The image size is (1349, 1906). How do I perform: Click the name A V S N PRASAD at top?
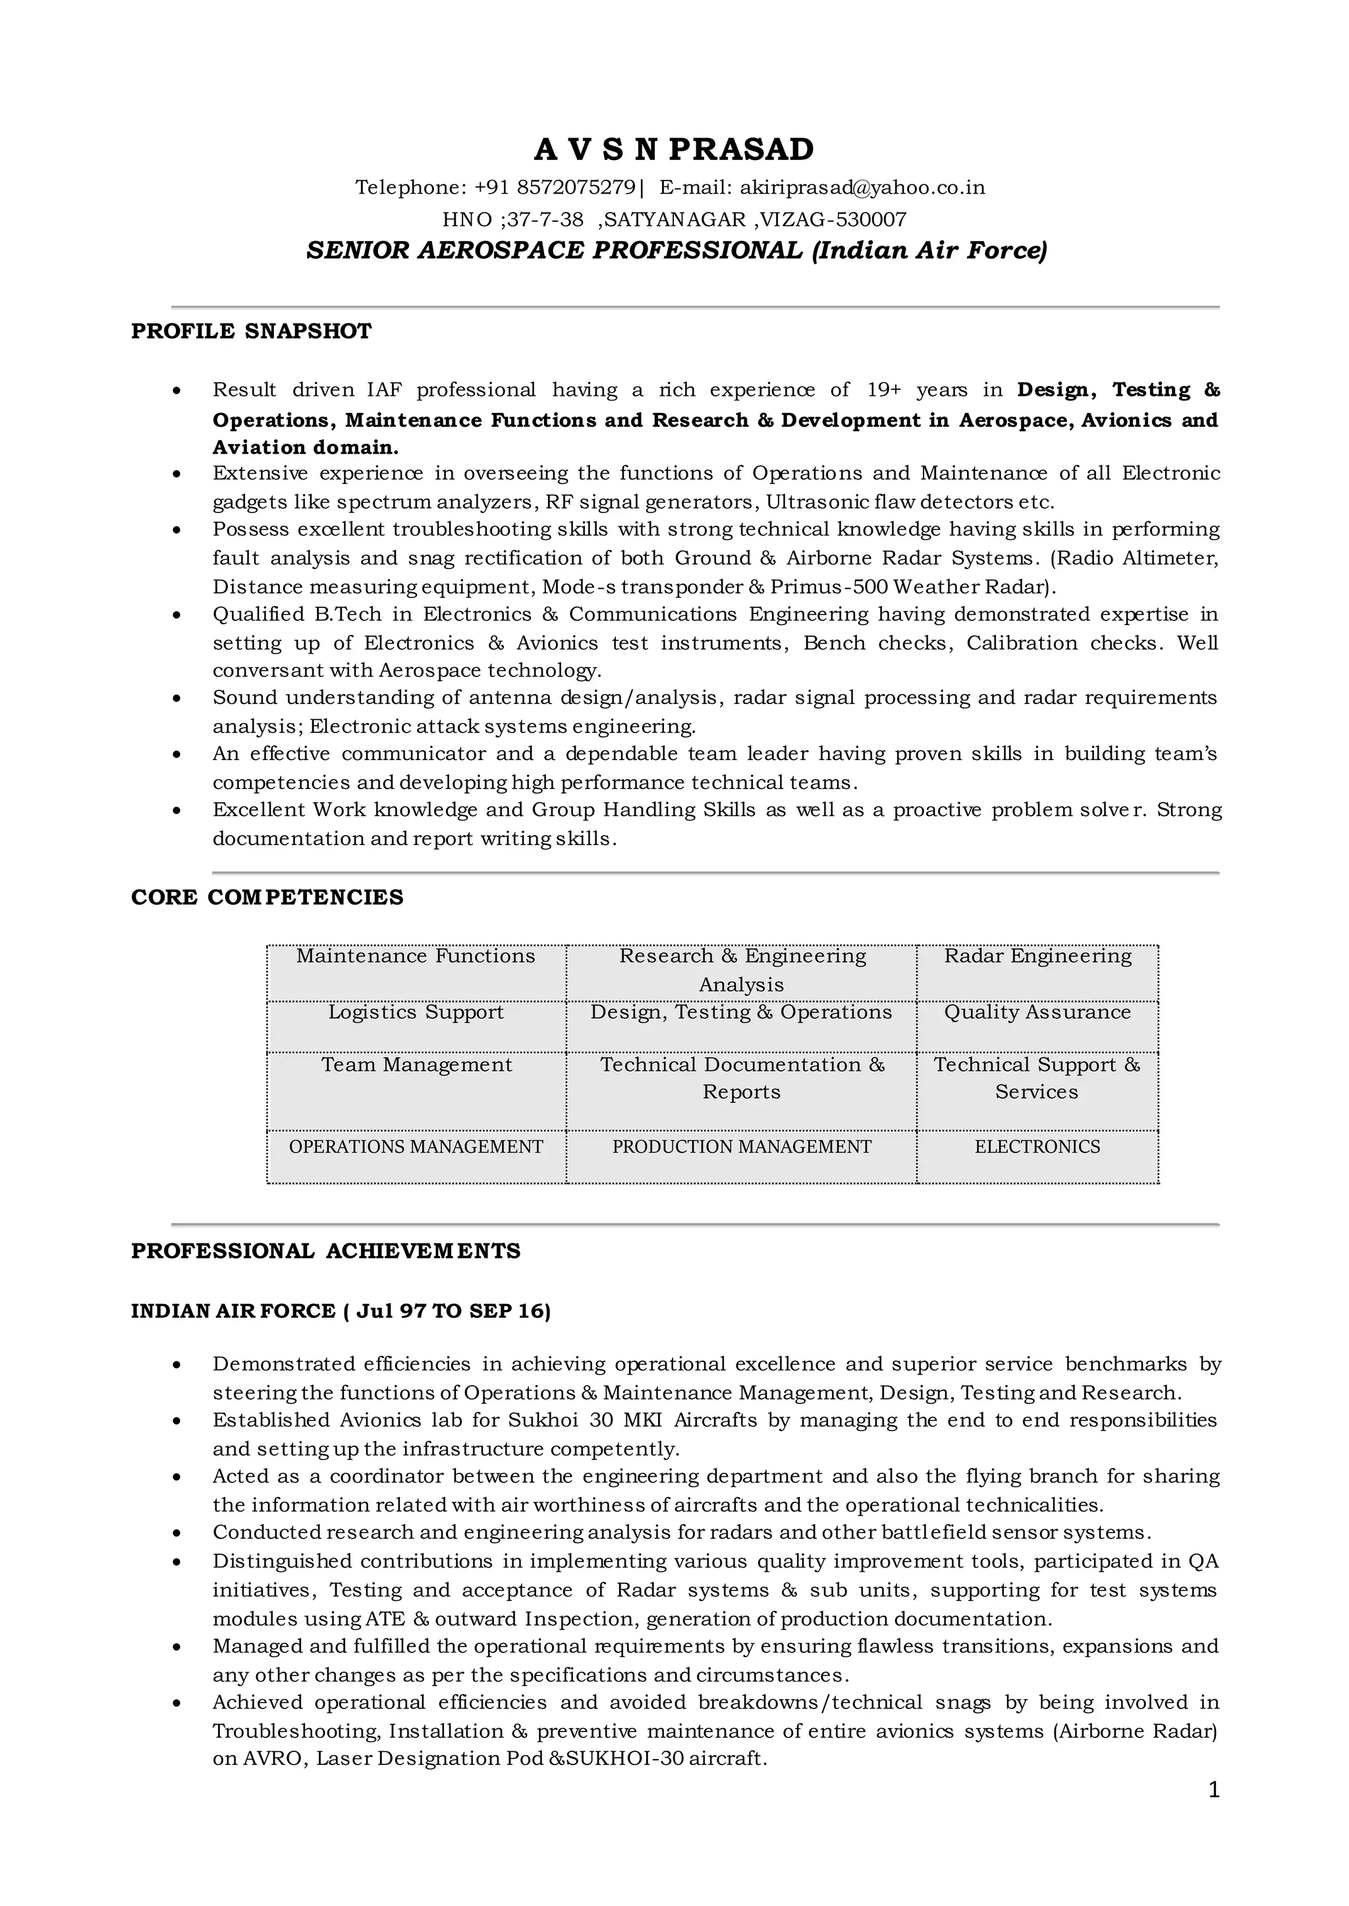click(674, 150)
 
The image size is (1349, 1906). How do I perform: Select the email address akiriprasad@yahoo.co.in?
click(862, 188)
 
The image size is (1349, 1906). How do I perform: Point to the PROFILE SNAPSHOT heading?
click(251, 331)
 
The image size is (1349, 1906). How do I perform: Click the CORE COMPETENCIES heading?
click(267, 898)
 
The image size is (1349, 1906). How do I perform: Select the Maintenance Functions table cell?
click(416, 957)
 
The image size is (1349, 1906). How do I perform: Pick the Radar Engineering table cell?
click(1037, 957)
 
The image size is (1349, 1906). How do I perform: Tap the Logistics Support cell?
click(416, 1012)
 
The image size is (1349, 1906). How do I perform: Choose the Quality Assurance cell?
click(1037, 1012)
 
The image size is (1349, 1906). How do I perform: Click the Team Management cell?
click(416, 1066)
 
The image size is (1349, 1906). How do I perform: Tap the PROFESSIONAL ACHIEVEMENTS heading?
click(325, 1251)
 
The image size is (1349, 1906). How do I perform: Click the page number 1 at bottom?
click(1213, 1791)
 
